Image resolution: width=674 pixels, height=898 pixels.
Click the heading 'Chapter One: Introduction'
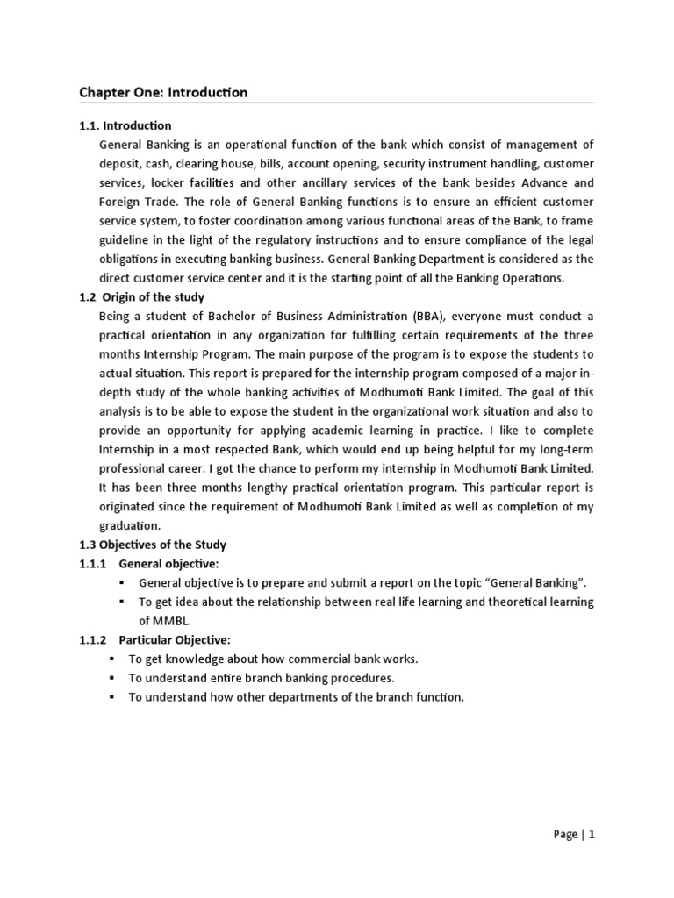tap(163, 92)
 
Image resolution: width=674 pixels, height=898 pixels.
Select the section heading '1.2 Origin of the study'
tap(141, 297)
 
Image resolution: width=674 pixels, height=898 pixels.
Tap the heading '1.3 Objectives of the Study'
tap(153, 545)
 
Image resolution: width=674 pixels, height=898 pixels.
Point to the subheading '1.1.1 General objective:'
tap(148, 563)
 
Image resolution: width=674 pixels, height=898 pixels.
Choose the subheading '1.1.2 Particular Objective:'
tap(154, 640)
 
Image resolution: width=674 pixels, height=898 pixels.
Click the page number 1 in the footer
tap(592, 835)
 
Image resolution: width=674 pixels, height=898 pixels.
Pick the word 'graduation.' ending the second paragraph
tap(131, 525)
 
